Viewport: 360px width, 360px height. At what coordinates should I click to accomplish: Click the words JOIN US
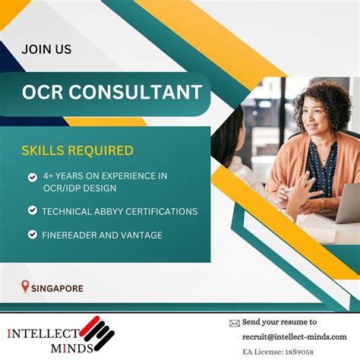(46, 50)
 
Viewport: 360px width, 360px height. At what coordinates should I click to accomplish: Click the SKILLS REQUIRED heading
(77, 150)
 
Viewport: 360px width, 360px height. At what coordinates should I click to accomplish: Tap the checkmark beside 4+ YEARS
(33, 177)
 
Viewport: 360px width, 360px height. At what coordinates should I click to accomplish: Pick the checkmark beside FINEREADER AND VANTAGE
(33, 235)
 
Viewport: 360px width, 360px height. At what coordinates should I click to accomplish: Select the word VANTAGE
(141, 235)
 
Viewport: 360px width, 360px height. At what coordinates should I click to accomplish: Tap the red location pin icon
(25, 287)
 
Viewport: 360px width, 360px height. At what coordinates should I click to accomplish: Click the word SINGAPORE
(58, 289)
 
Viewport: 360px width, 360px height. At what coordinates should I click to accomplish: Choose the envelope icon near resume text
(234, 323)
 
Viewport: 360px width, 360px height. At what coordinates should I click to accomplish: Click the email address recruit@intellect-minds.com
(294, 336)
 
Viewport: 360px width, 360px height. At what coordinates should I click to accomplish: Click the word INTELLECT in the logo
(43, 333)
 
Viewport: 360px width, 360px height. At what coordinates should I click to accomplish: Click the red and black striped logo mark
(96, 333)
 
